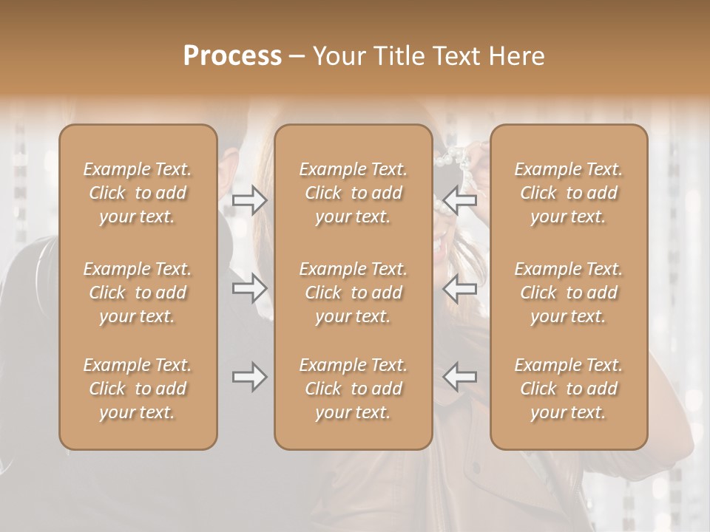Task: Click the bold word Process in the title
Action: (x=232, y=56)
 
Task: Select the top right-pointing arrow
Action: (x=249, y=200)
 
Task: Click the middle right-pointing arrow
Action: (x=249, y=288)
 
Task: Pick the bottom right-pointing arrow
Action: (x=249, y=377)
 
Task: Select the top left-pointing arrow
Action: (x=459, y=200)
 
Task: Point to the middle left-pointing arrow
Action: (x=459, y=288)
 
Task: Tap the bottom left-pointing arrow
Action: (x=459, y=377)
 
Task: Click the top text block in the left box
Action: (x=138, y=193)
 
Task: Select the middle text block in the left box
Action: (x=138, y=293)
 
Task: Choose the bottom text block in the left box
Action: (x=138, y=389)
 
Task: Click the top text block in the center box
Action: (x=353, y=193)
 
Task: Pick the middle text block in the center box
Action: (x=353, y=293)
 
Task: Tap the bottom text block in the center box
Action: (x=353, y=389)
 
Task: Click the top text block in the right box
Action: (x=568, y=193)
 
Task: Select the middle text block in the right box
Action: (x=568, y=293)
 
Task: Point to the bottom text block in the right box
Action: (x=568, y=389)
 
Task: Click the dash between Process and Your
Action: (x=297, y=57)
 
